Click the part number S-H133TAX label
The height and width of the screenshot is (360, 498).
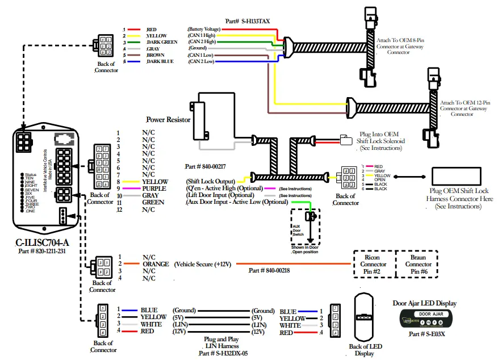pyautogui.click(x=248, y=21)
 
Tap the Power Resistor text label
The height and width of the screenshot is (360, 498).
pyautogui.click(x=168, y=120)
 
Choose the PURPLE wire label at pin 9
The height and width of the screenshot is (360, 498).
pyautogui.click(x=154, y=188)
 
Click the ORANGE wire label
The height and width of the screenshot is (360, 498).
pyautogui.click(x=156, y=264)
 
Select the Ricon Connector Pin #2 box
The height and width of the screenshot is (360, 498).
pyautogui.click(x=373, y=264)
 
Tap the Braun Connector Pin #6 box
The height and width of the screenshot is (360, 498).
pyautogui.click(x=418, y=264)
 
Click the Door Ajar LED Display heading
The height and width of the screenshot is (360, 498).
pyautogui.click(x=424, y=303)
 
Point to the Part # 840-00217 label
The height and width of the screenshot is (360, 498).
pyautogui.click(x=206, y=167)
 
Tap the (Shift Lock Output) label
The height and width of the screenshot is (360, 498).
pyautogui.click(x=210, y=181)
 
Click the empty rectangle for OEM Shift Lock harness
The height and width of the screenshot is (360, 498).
pyautogui.click(x=459, y=181)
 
